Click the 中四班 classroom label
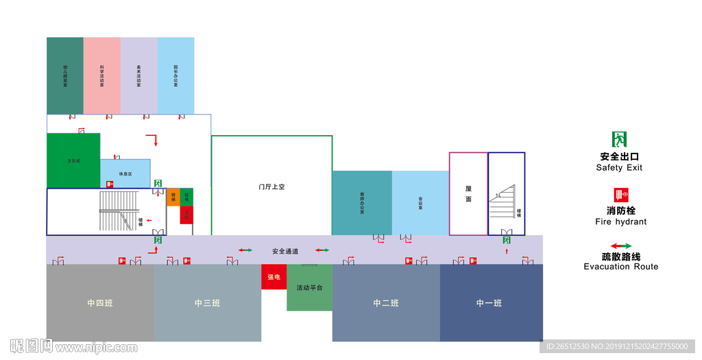click(x=100, y=303)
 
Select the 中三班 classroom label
click(x=207, y=303)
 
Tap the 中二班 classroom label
click(x=386, y=303)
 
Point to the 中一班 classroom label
click(x=489, y=303)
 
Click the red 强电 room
click(x=274, y=277)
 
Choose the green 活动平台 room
click(x=309, y=287)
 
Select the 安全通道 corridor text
click(x=285, y=252)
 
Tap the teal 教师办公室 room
click(x=362, y=203)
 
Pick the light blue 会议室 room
click(x=420, y=203)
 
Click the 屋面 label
click(x=468, y=194)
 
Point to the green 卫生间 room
click(x=73, y=160)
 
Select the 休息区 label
click(x=125, y=174)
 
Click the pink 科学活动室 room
click(x=101, y=75)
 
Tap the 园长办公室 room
click(x=175, y=75)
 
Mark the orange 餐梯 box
click(x=173, y=197)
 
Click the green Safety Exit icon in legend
click(x=620, y=140)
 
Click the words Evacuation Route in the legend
click(x=620, y=267)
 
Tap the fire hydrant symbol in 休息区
click(x=110, y=184)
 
